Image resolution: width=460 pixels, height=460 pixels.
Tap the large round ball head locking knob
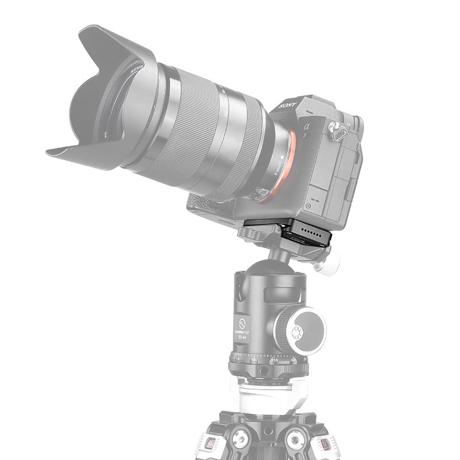tap(299, 330)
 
